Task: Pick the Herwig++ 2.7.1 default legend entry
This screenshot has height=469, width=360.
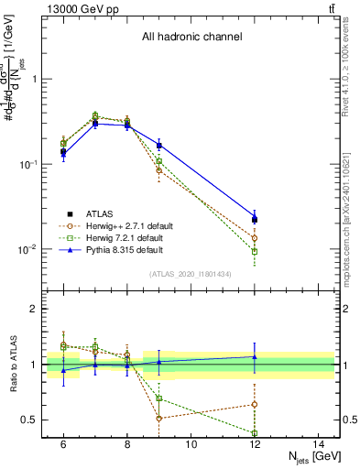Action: click(129, 225)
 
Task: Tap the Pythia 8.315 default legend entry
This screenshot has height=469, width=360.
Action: click(125, 249)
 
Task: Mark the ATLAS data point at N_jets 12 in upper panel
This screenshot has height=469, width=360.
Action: click(255, 219)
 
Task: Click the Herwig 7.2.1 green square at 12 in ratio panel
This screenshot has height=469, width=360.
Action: click(255, 432)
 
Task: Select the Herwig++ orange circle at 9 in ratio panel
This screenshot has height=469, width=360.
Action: click(159, 418)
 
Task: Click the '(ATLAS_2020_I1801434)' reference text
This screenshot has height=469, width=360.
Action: click(191, 275)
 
